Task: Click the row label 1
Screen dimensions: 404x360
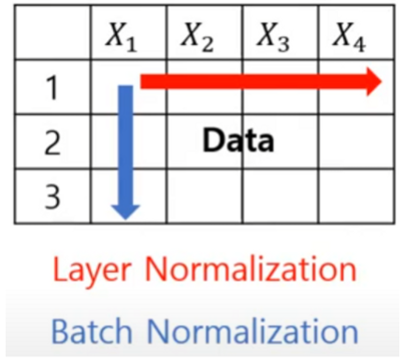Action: [51, 89]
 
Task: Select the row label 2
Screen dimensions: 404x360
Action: [51, 143]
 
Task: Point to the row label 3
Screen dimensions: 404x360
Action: [51, 196]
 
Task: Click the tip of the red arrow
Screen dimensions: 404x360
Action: [381, 82]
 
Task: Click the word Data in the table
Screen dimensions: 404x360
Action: [238, 141]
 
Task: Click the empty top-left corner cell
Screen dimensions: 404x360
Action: [51, 37]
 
